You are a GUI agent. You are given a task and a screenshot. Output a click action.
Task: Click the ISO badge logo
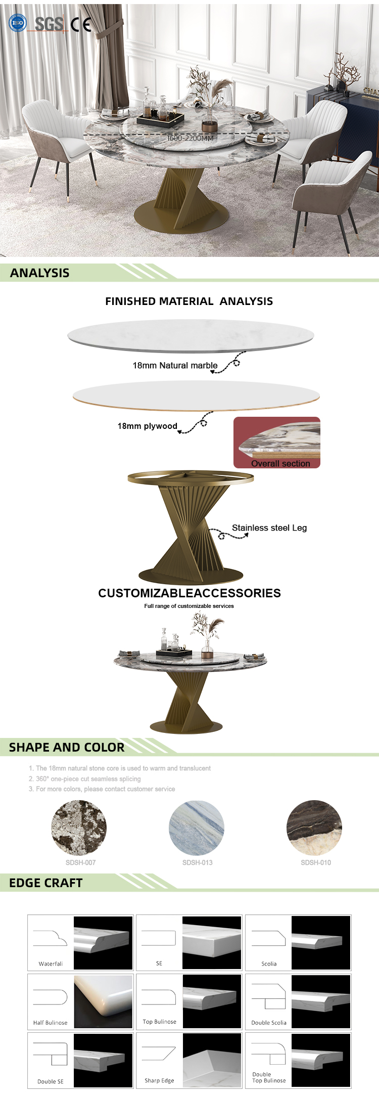[18, 23]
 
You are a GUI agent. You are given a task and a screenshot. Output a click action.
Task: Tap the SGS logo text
[49, 23]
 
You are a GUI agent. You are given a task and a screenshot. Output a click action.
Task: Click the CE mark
[81, 24]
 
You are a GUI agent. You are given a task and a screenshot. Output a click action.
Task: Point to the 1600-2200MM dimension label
[191, 138]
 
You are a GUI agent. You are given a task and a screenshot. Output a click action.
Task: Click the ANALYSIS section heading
[40, 273]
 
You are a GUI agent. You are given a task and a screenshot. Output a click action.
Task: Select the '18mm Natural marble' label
[175, 365]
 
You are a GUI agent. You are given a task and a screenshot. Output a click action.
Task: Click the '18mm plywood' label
[147, 426]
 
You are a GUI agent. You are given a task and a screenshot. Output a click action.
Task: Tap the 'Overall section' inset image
[277, 443]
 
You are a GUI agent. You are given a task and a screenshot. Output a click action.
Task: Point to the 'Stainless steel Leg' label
[269, 528]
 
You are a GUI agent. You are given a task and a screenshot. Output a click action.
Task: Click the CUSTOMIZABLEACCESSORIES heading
[189, 593]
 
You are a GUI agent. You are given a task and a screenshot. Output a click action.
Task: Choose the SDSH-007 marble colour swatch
[79, 828]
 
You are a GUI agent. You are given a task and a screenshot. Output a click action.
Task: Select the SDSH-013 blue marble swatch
[197, 828]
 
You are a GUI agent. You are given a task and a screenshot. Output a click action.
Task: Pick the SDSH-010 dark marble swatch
[314, 828]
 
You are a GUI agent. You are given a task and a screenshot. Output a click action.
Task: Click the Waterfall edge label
[51, 963]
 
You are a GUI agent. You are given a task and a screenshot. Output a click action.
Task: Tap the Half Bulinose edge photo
[104, 1002]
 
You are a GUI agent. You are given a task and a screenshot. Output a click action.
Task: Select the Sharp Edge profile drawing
[159, 1054]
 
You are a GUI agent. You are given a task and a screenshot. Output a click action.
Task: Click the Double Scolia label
[269, 1023]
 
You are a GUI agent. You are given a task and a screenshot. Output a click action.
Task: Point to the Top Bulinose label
[160, 1022]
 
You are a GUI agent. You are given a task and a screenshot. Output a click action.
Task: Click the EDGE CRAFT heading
[46, 883]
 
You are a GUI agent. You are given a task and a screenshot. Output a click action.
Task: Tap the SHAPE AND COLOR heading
[67, 747]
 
